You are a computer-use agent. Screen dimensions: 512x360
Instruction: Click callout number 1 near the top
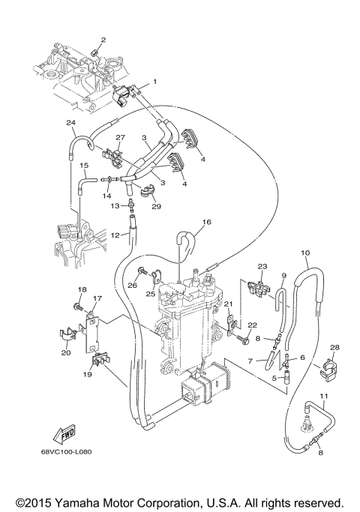tap(155, 81)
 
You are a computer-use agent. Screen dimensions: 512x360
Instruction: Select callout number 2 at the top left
tap(103, 40)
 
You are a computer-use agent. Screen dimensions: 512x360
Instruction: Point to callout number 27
tap(121, 138)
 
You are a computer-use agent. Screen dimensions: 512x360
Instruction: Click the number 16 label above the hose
tap(207, 223)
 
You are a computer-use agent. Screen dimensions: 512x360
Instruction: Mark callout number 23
tap(262, 266)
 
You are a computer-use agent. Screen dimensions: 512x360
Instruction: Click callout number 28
tap(335, 348)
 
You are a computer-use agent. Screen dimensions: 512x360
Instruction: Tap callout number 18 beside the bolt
tap(82, 289)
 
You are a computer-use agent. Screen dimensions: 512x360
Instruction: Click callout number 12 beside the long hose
tap(115, 235)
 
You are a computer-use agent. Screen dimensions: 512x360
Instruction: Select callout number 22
tap(253, 325)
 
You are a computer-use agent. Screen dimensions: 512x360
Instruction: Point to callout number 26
tap(132, 284)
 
